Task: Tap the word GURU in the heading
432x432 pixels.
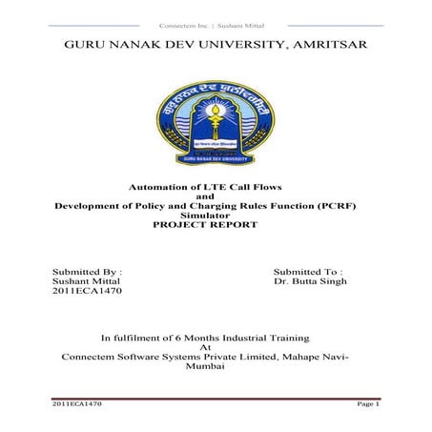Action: (x=85, y=45)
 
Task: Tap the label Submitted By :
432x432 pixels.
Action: (x=87, y=271)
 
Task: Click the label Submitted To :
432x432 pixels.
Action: (x=308, y=271)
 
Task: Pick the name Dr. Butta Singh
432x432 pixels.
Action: (x=310, y=281)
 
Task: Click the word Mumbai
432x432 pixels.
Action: (x=215, y=367)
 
